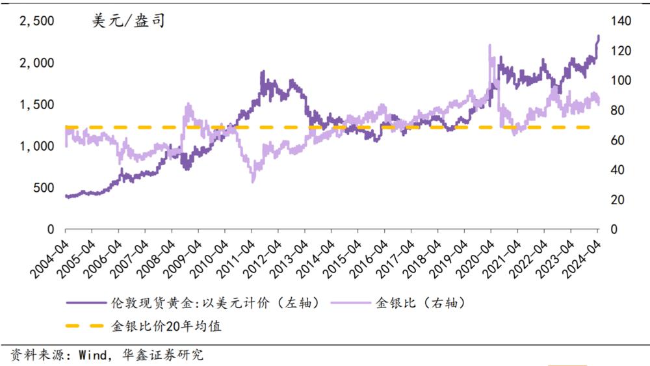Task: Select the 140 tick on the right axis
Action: (x=621, y=21)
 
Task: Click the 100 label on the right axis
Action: (x=621, y=81)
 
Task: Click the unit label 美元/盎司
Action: (x=128, y=21)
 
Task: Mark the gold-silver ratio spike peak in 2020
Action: (x=489, y=46)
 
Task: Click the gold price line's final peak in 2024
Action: (x=598, y=36)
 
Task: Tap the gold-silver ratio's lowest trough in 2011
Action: (x=253, y=181)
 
